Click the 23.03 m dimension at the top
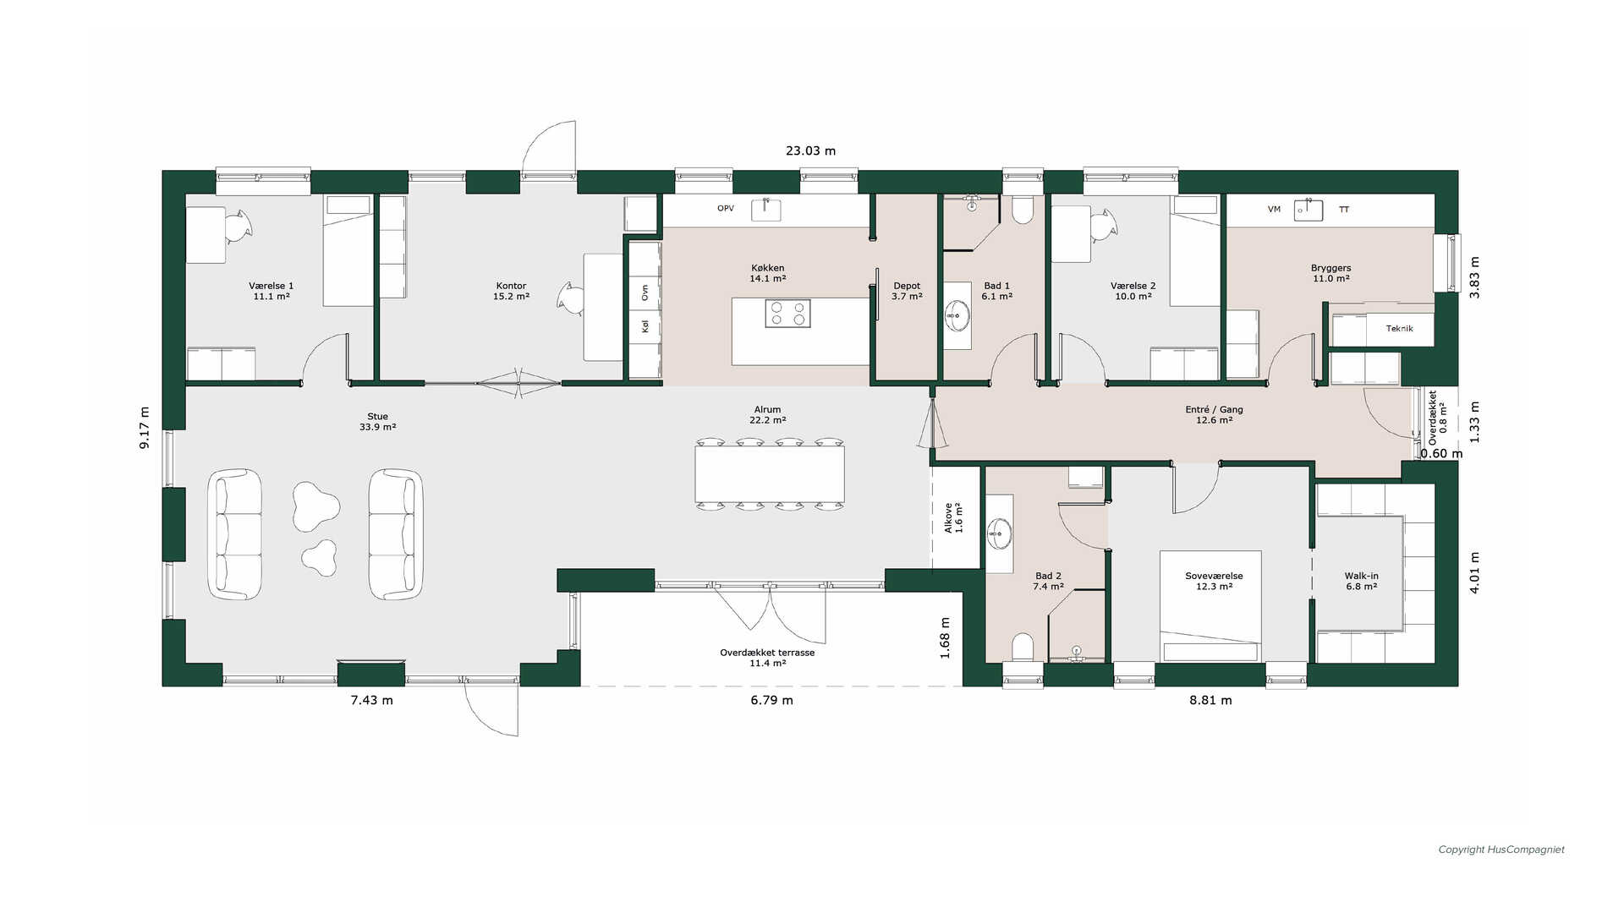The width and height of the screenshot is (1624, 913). (810, 151)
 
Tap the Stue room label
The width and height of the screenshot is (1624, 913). (377, 417)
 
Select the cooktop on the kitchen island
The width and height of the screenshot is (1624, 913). (787, 314)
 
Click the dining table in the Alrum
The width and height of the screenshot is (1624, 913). (770, 473)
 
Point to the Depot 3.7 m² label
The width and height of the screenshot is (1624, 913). (907, 292)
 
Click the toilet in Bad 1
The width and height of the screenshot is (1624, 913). (1023, 210)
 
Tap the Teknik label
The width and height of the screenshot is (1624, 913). (1399, 329)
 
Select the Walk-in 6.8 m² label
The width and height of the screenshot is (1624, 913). (1362, 581)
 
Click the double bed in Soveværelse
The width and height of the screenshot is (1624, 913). (1210, 606)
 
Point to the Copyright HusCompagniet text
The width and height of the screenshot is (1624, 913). (1501, 850)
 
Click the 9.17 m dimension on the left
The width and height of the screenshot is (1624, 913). (145, 428)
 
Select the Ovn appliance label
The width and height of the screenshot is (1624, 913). (645, 292)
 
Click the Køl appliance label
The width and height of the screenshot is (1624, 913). (645, 325)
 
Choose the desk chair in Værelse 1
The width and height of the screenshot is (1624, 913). (238, 226)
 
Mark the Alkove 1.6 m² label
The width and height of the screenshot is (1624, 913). (953, 518)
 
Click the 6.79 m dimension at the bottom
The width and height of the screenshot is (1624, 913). (771, 700)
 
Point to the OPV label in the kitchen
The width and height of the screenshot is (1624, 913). (726, 209)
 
